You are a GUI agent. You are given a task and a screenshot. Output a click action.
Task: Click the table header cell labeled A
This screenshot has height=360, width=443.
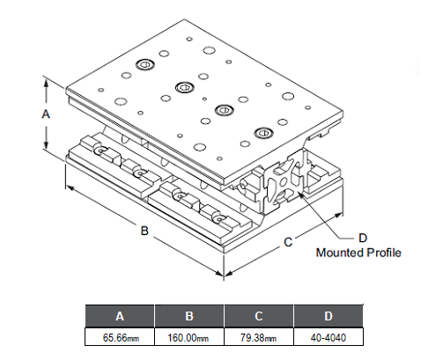[x=120, y=316]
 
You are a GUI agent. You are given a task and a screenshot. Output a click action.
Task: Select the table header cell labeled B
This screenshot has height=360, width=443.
[x=189, y=316]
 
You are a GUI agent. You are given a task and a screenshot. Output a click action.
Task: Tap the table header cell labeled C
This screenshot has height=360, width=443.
[x=259, y=316]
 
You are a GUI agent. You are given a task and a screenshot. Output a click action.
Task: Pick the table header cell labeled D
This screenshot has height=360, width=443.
[x=329, y=316]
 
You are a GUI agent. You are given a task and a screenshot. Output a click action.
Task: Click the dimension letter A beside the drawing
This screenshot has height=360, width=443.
[x=46, y=114]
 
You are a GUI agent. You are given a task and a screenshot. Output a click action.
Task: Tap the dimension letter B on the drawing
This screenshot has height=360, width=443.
[x=144, y=231]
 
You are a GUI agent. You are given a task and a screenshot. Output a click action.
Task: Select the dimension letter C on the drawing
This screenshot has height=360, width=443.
[x=288, y=242]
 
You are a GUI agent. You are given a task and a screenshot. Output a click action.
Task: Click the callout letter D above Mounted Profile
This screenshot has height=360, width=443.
[x=363, y=238]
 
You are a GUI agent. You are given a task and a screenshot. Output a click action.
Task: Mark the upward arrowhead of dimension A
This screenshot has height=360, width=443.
[x=46, y=82]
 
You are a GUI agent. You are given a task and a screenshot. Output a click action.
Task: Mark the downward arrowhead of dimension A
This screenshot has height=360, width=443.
[x=46, y=145]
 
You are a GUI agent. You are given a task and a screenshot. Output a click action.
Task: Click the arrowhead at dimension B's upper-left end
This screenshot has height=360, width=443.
[x=69, y=187]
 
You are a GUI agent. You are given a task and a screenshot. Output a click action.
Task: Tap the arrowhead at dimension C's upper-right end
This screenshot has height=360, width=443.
[x=339, y=216]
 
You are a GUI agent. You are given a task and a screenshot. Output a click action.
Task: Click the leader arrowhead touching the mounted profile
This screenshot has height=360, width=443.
[x=300, y=195]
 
